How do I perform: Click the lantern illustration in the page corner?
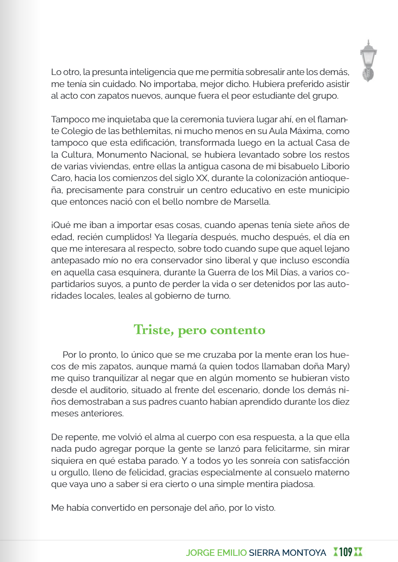tap(368, 61)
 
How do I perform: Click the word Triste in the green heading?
tap(152, 330)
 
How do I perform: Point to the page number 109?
tap(345, 552)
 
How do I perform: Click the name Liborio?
tap(335, 166)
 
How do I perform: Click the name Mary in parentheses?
tap(337, 366)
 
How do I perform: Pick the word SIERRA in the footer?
tap(264, 552)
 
